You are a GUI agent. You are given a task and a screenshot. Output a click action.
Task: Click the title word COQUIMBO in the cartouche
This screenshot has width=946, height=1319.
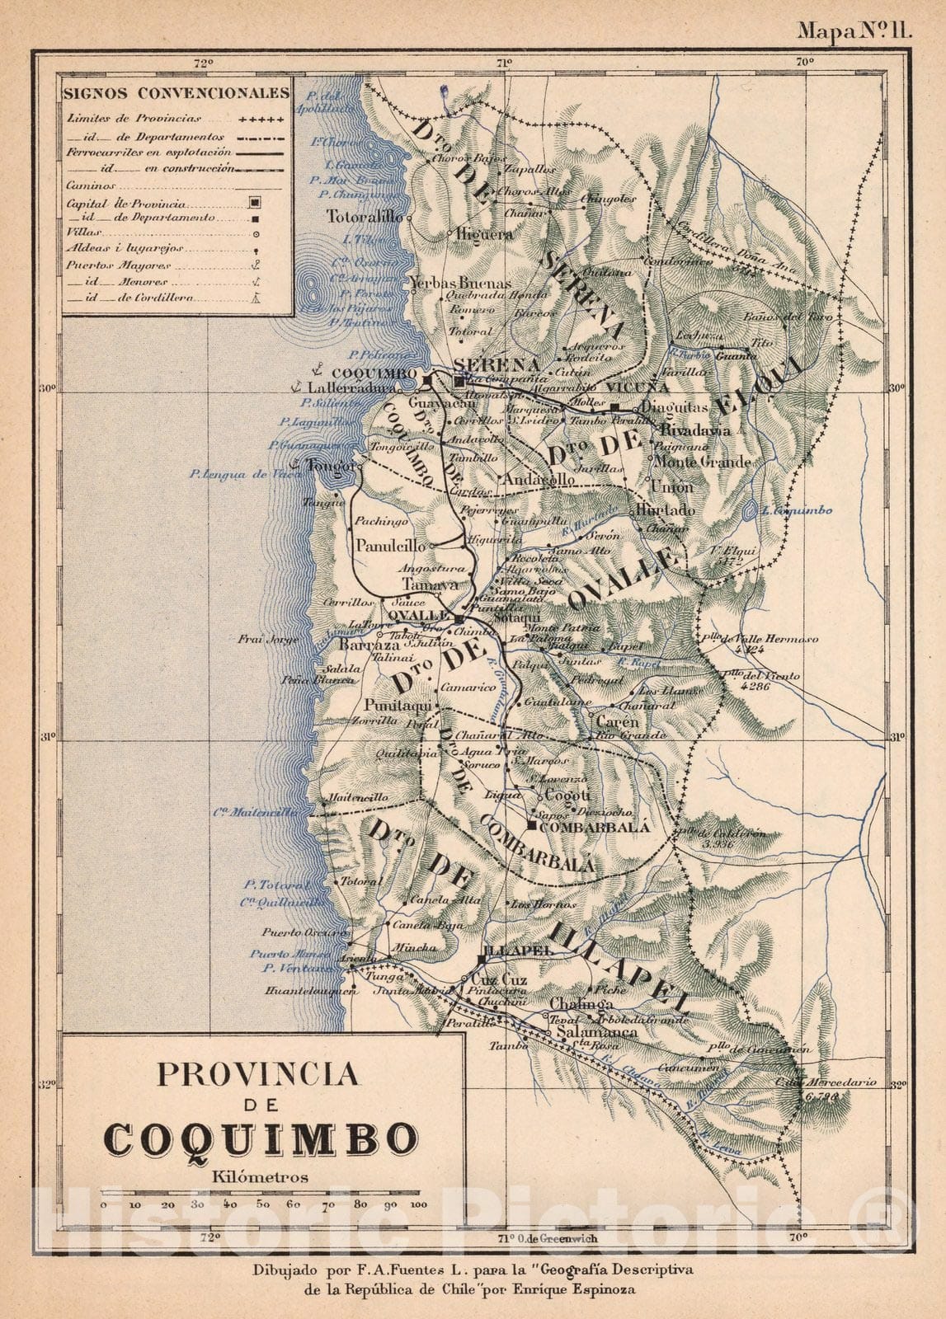coord(261,1139)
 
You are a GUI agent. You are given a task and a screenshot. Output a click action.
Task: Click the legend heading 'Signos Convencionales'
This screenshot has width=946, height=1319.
coord(176,92)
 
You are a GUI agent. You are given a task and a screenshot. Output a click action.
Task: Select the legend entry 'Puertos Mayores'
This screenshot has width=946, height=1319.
coord(109,265)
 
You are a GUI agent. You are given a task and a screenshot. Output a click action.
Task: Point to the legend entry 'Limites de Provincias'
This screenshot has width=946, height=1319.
coord(134,119)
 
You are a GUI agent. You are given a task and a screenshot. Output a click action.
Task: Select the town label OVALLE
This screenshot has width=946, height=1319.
coord(417,616)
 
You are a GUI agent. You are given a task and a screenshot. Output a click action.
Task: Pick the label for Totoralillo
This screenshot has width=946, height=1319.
coord(365,217)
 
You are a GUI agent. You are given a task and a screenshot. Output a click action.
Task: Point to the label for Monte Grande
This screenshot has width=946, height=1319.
coord(701,462)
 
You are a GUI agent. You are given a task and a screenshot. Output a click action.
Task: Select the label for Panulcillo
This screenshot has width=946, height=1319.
coord(389,546)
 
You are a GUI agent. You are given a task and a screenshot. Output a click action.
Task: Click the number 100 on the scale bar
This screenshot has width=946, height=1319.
coord(418,1204)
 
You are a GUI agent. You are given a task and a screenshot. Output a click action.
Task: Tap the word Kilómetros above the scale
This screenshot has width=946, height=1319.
coord(260,1177)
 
